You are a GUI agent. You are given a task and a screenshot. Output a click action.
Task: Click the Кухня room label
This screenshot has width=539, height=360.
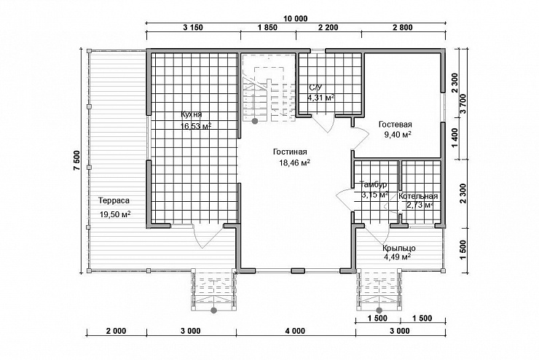(x=192, y=115)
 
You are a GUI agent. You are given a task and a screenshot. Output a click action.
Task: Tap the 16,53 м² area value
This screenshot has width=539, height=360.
(x=196, y=126)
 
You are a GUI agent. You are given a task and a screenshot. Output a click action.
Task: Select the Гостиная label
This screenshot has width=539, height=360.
(x=290, y=152)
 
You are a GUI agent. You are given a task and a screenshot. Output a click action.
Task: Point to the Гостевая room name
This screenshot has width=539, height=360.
(x=396, y=124)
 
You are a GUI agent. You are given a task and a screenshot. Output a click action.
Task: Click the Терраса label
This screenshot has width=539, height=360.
(x=114, y=200)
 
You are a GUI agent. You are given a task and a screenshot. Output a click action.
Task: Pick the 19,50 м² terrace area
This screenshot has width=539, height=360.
(x=115, y=214)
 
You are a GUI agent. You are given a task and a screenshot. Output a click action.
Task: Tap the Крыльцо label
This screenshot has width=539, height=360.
(x=399, y=249)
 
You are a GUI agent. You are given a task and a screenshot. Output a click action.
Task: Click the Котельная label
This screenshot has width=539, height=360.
(x=418, y=196)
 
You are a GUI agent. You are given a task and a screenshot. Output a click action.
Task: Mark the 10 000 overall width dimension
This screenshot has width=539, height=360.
(x=296, y=18)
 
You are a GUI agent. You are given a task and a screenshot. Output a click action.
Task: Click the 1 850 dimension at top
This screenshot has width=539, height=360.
(x=267, y=28)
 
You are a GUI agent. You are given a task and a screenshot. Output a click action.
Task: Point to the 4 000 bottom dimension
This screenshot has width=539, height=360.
(x=295, y=331)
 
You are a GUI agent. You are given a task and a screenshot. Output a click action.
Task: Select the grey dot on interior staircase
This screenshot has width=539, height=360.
(x=255, y=121)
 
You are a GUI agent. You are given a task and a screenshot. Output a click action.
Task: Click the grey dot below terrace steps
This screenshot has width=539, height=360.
(x=214, y=310)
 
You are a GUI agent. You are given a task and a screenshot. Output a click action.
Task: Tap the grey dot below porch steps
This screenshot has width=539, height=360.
(x=379, y=310)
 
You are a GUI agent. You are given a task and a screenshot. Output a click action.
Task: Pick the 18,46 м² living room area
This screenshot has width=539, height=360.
(x=294, y=163)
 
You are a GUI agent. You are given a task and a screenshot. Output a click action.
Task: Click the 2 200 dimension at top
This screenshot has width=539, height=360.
(x=328, y=28)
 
